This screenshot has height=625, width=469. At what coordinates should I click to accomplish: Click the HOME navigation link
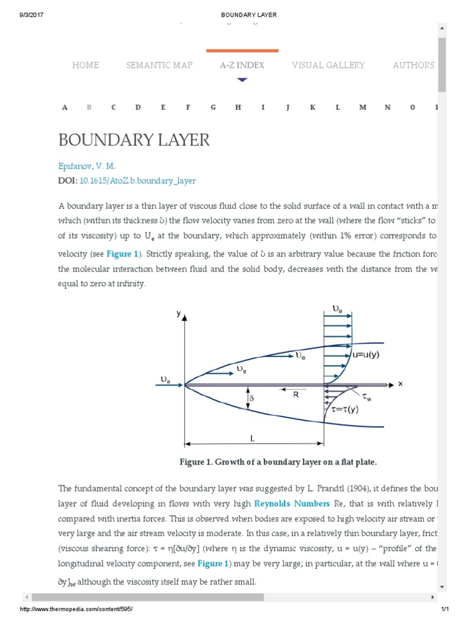click(85, 65)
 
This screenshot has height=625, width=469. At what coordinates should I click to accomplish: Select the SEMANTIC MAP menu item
click(159, 65)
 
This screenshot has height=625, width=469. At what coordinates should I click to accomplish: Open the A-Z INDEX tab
click(242, 65)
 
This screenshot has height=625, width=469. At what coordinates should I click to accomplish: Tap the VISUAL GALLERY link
click(328, 65)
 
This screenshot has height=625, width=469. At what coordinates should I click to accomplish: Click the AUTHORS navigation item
click(413, 65)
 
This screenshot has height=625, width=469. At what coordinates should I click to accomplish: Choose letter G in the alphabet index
click(213, 107)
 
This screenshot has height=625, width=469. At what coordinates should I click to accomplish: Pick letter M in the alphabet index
click(363, 107)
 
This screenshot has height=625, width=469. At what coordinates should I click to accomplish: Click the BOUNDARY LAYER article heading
click(134, 140)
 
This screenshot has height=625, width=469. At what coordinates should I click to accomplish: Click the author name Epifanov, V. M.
click(87, 166)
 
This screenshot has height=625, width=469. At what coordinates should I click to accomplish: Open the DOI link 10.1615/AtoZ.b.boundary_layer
click(137, 181)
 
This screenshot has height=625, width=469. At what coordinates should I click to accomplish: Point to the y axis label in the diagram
click(178, 313)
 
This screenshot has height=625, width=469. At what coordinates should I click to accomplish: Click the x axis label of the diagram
click(400, 383)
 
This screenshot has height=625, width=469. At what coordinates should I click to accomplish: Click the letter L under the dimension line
click(252, 438)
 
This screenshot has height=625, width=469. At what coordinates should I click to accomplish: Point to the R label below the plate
click(295, 395)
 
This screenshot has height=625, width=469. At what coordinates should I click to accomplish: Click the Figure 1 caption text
click(274, 462)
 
